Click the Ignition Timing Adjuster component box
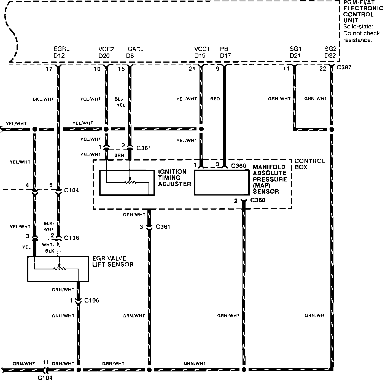[x=126, y=183]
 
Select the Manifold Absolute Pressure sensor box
[x=222, y=183]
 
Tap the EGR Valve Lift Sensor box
[x=58, y=269]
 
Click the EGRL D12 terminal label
[x=61, y=52]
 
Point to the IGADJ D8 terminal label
[x=134, y=52]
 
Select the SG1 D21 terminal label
[x=295, y=52]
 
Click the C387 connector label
[x=344, y=67]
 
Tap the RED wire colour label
[x=215, y=99]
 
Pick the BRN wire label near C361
[x=119, y=155]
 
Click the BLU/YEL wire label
[x=121, y=102]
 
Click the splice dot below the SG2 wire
[x=332, y=129]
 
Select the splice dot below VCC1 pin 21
[x=201, y=129]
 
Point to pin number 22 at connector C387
[x=323, y=69]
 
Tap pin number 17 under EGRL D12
[x=49, y=69]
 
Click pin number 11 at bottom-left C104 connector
[x=46, y=362]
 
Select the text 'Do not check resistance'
[x=361, y=36]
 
